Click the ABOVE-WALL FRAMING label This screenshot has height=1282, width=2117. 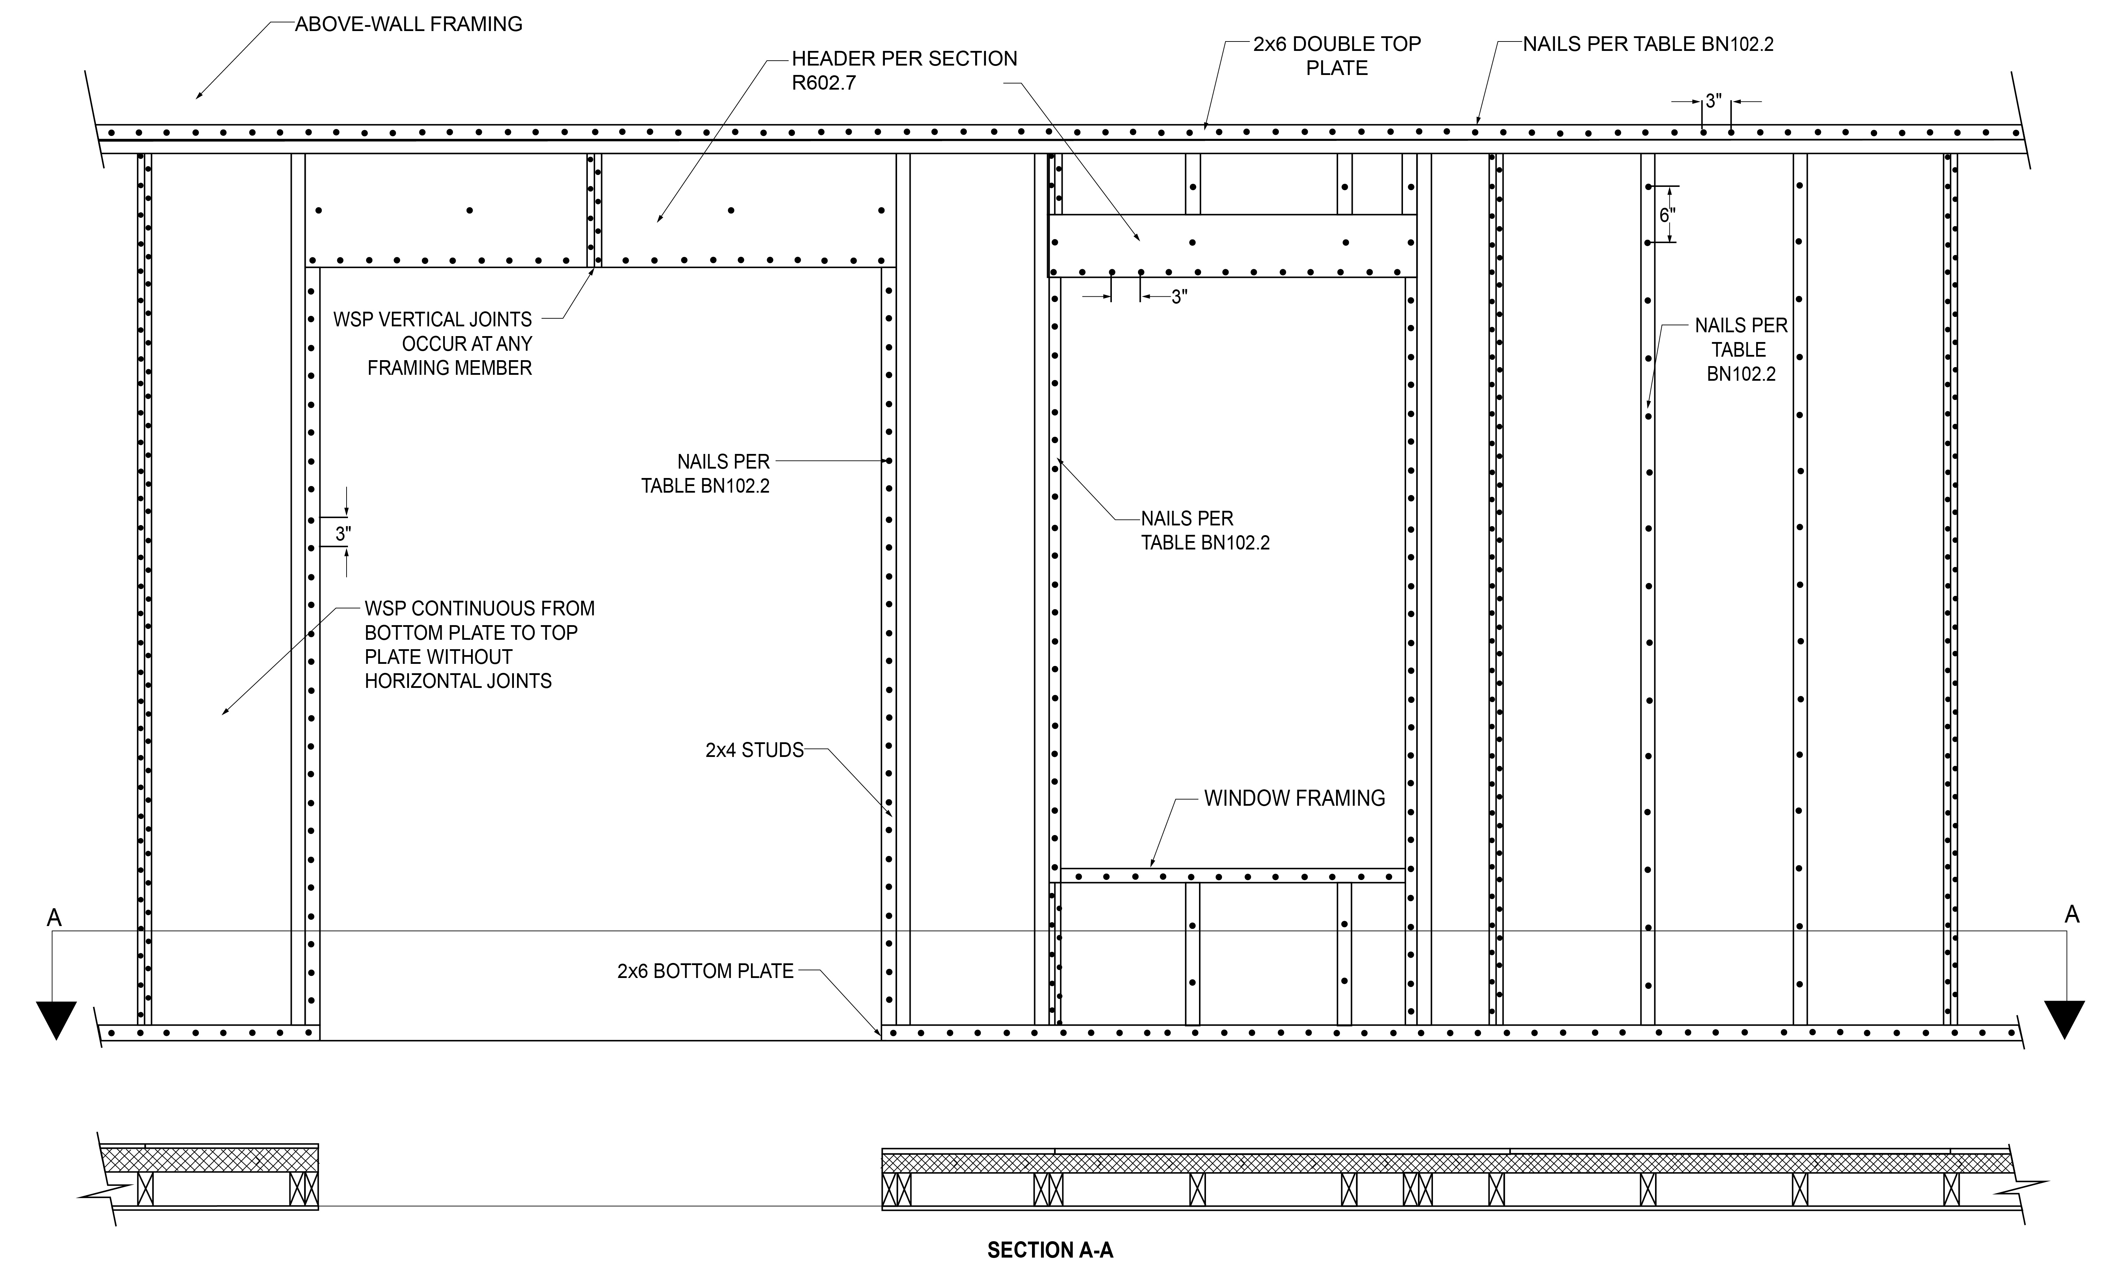(408, 24)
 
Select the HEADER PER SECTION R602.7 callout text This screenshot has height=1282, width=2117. (904, 70)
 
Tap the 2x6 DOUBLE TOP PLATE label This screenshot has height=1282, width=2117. (1337, 56)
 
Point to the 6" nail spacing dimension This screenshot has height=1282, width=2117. (1667, 215)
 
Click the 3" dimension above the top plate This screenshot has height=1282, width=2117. (1713, 101)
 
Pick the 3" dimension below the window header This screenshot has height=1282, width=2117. (1179, 297)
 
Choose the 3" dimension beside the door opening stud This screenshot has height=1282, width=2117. (343, 533)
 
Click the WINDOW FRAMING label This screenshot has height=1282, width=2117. (1294, 798)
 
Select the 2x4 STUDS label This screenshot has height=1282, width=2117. (754, 750)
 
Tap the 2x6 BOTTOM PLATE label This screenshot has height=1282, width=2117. (705, 971)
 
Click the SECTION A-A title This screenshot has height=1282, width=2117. (1050, 1250)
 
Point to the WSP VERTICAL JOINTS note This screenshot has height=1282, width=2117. (433, 344)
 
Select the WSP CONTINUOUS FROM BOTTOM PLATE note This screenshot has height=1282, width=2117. (479, 644)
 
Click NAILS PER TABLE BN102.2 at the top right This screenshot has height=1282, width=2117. (1648, 44)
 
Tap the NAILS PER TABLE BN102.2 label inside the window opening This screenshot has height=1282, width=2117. (1205, 530)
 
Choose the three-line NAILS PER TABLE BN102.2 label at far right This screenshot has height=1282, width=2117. (1741, 350)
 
